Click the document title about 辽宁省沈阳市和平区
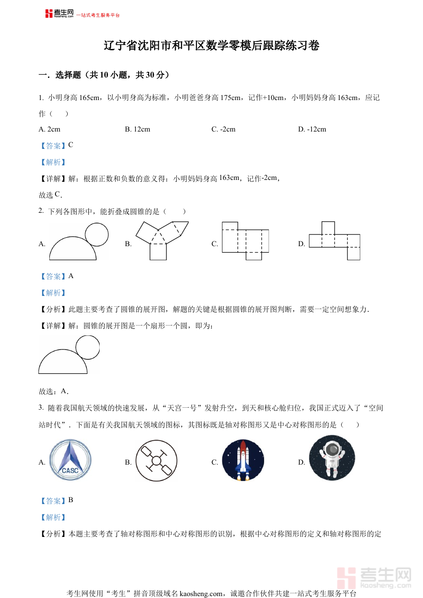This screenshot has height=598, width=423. tap(211, 46)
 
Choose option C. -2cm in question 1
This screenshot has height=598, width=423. tap(223, 129)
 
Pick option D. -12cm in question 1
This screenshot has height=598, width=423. tap(312, 129)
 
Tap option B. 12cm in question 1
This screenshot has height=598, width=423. tap(137, 129)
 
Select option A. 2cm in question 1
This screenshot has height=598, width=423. tap(49, 129)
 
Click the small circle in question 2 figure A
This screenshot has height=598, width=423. tap(96, 233)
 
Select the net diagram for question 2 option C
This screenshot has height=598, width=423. tap(245, 241)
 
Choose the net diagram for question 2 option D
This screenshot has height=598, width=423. tap(335, 240)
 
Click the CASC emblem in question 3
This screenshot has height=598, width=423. tap(70, 460)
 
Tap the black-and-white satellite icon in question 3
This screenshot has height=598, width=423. tap(157, 460)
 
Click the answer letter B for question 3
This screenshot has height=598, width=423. tap(70, 500)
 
